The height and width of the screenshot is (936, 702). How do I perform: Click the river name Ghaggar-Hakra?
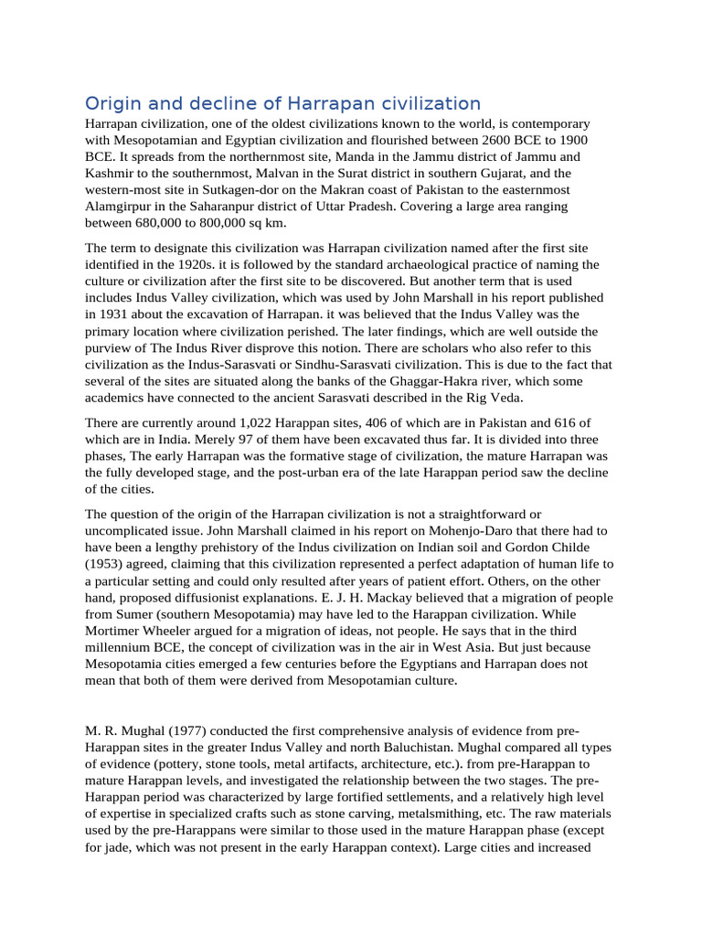(x=435, y=379)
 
